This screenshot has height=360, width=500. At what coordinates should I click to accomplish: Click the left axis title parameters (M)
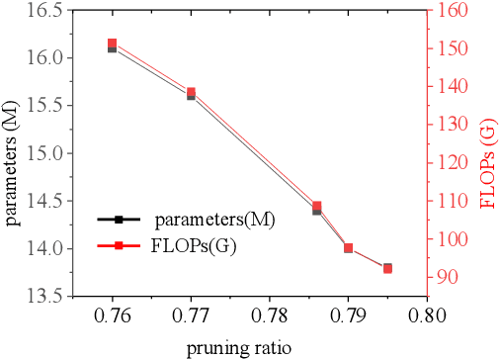13,152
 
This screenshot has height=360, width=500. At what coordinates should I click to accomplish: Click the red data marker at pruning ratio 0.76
113,44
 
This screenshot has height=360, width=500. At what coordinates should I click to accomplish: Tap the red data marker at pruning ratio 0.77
191,92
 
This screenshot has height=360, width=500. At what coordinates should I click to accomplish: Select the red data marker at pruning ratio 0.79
348,248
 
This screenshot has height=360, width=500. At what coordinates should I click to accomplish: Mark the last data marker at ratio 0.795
387,268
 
